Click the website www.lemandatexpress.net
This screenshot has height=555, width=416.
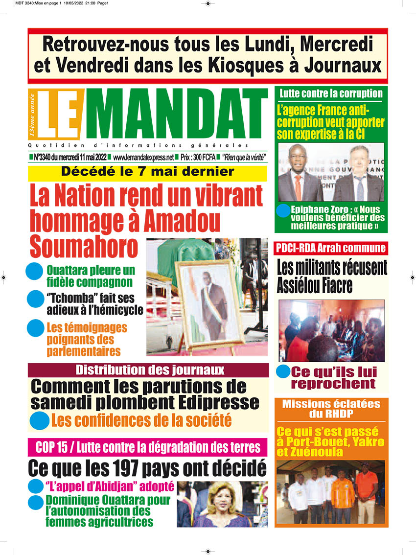143,158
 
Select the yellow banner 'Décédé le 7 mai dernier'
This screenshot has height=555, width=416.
147,172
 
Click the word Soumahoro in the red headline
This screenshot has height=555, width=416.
84,246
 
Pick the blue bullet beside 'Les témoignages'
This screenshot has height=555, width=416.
35,327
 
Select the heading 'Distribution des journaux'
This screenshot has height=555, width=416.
149,370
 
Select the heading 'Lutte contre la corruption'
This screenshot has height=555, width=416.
331,93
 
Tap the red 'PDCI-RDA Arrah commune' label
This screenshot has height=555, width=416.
330,248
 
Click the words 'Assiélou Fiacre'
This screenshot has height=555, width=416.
315,285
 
